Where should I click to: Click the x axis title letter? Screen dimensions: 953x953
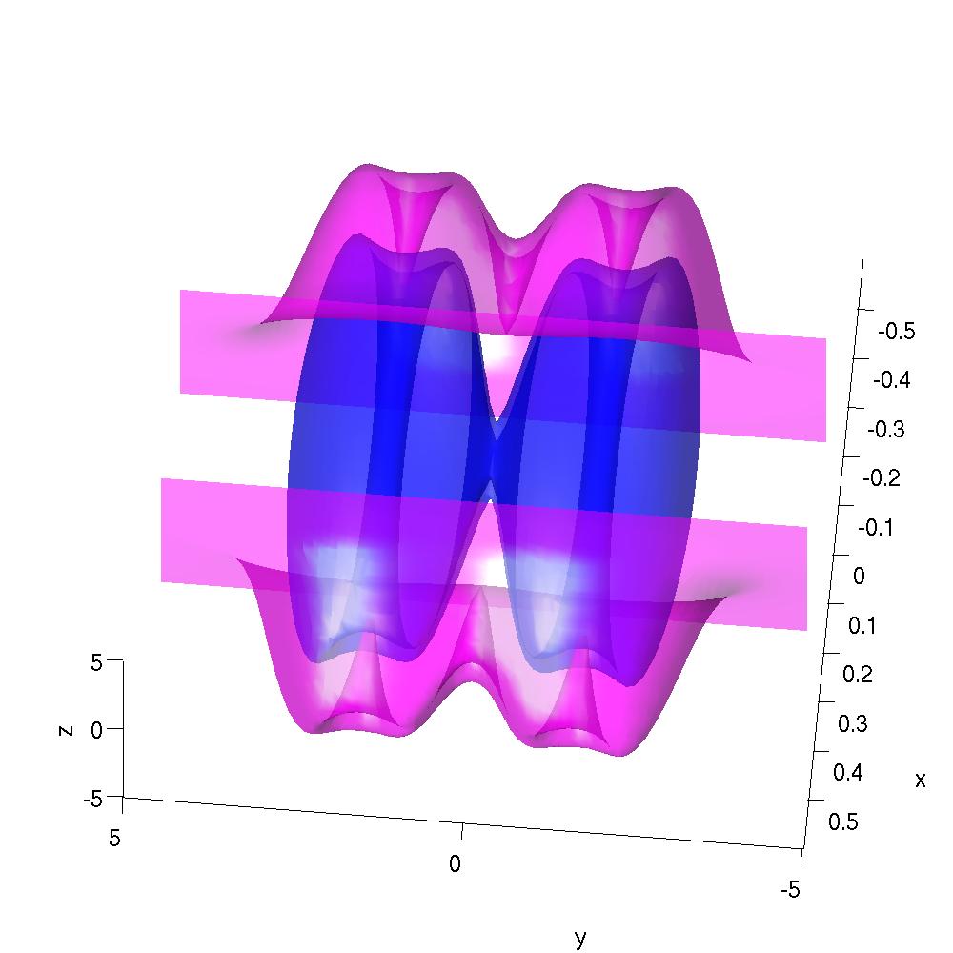pyautogui.click(x=921, y=780)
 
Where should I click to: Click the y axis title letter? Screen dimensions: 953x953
pyautogui.click(x=580, y=938)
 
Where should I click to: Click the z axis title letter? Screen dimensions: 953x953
pyautogui.click(x=66, y=730)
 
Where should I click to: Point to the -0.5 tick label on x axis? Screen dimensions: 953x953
pyautogui.click(x=897, y=332)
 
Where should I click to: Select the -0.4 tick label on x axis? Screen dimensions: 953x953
pyautogui.click(x=892, y=380)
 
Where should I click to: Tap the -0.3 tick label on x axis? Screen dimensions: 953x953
pyautogui.click(x=886, y=430)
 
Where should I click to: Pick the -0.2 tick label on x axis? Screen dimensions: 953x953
pyautogui.click(x=882, y=478)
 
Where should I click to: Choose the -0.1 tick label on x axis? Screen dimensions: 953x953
pyautogui.click(x=876, y=528)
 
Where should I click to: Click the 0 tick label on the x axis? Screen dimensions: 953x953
pyautogui.click(x=859, y=577)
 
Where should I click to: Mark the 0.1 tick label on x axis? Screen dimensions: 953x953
pyautogui.click(x=862, y=625)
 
